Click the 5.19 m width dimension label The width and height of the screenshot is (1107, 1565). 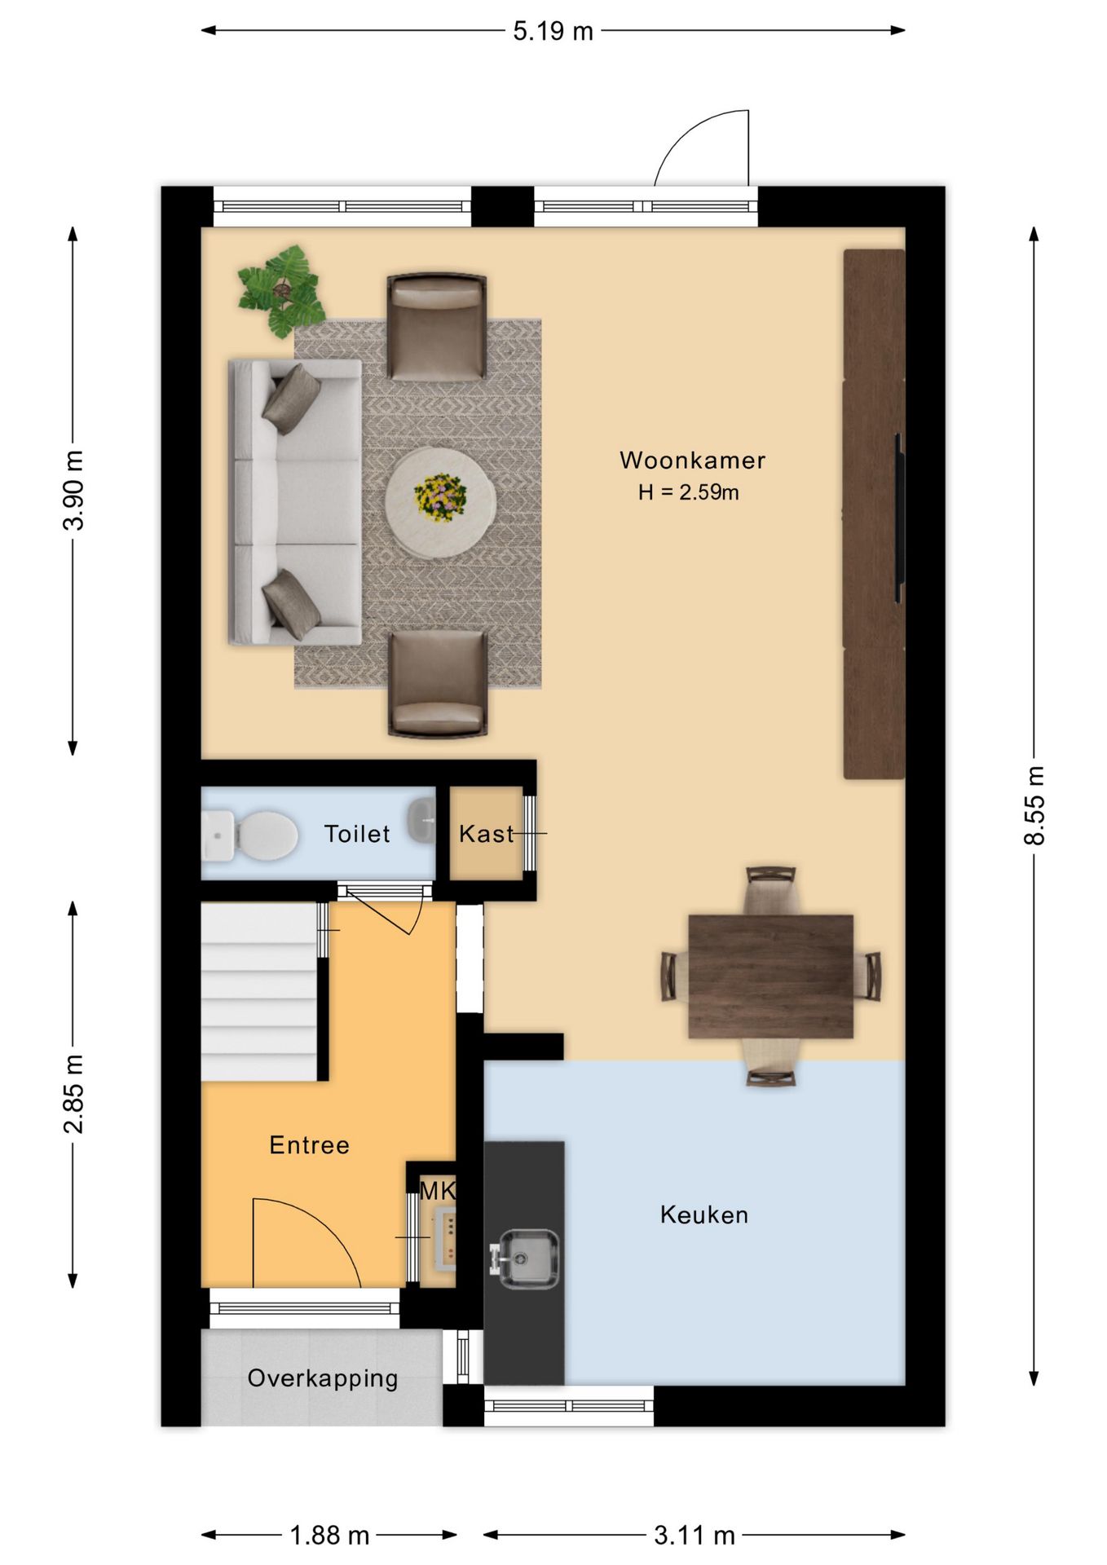(x=553, y=32)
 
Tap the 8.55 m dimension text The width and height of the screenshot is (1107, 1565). (x=1034, y=805)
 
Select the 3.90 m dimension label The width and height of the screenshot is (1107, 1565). (x=73, y=490)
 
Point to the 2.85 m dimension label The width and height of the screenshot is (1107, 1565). (x=73, y=1093)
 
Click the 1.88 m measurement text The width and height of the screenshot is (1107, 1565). (x=329, y=1536)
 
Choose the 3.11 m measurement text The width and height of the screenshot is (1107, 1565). (x=695, y=1536)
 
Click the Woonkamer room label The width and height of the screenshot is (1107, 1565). (x=692, y=461)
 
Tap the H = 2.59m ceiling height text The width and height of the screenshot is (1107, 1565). (x=689, y=492)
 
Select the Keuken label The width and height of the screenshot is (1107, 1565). (x=704, y=1215)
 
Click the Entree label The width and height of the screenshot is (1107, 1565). (x=310, y=1145)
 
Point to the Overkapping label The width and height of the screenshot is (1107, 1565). (x=323, y=1378)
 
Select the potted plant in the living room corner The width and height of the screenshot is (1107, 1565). (x=281, y=291)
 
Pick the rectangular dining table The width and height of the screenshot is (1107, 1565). (x=770, y=976)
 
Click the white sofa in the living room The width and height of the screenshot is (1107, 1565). (x=295, y=502)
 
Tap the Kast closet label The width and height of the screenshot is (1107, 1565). (x=487, y=834)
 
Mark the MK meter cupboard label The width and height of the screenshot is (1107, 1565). (x=437, y=1191)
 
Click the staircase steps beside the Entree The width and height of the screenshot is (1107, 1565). (x=259, y=991)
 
